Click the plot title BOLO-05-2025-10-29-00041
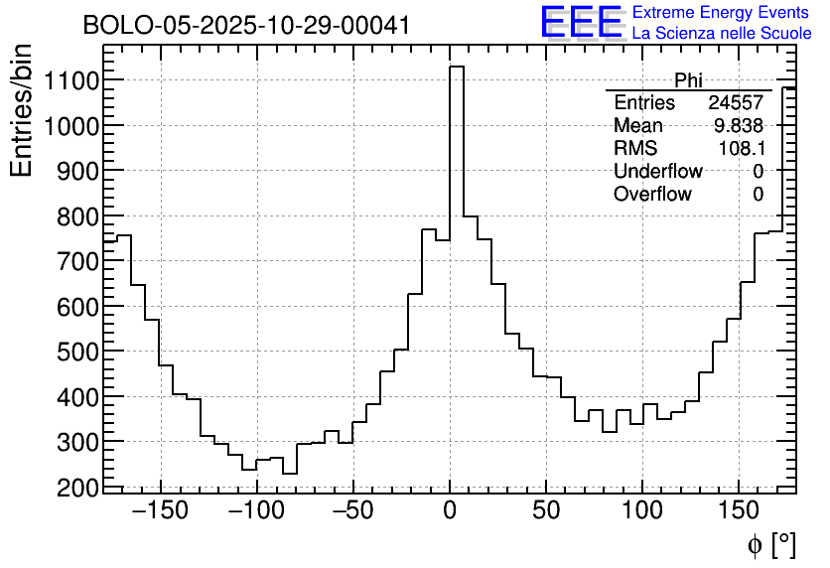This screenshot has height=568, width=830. pyautogui.click(x=246, y=26)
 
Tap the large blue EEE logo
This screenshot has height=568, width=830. pyautogui.click(x=581, y=22)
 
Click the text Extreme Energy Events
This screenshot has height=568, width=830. pyautogui.click(x=721, y=13)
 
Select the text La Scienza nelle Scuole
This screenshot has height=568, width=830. pyautogui.click(x=721, y=34)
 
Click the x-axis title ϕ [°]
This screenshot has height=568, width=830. pyautogui.click(x=770, y=544)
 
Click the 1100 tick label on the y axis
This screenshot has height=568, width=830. pyautogui.click(x=65, y=80)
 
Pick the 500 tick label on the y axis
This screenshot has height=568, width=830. pyautogui.click(x=71, y=352)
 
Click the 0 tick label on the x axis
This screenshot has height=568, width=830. pyautogui.click(x=450, y=511)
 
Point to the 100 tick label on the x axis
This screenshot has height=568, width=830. pyautogui.click(x=643, y=511)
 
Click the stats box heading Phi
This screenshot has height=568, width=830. pyautogui.click(x=688, y=80)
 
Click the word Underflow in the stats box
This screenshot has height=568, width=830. pyautogui.click(x=657, y=172)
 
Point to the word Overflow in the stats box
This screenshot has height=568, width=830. pyautogui.click(x=652, y=195)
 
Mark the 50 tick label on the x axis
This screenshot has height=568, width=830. pyautogui.click(x=547, y=511)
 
